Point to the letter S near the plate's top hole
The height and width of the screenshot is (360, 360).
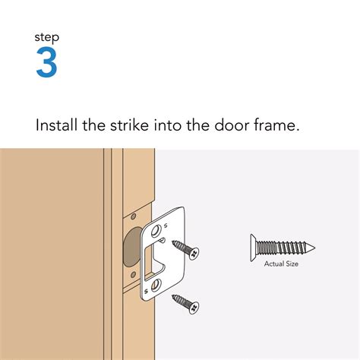169,222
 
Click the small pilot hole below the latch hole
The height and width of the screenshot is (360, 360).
134,273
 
